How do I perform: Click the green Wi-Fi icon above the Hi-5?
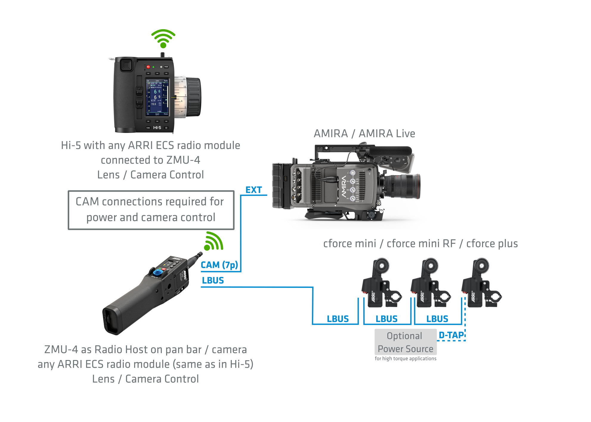(163, 38)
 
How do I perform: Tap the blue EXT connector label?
(253, 190)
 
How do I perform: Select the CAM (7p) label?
(219, 265)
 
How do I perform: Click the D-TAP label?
(451, 335)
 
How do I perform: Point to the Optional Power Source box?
(406, 342)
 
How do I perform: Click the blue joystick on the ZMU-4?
(158, 272)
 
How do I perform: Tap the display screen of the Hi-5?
(157, 97)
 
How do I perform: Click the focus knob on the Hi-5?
(193, 97)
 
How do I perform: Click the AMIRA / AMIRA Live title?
(364, 134)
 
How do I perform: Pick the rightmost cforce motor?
(480, 283)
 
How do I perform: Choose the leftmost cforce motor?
(380, 283)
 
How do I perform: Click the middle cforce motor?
(430, 283)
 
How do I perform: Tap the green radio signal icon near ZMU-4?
(213, 241)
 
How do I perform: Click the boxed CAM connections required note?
(151, 210)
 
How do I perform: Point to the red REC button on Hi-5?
(148, 67)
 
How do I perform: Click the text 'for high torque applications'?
(405, 359)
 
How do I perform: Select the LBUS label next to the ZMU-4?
(213, 280)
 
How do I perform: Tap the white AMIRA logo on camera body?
(344, 187)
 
